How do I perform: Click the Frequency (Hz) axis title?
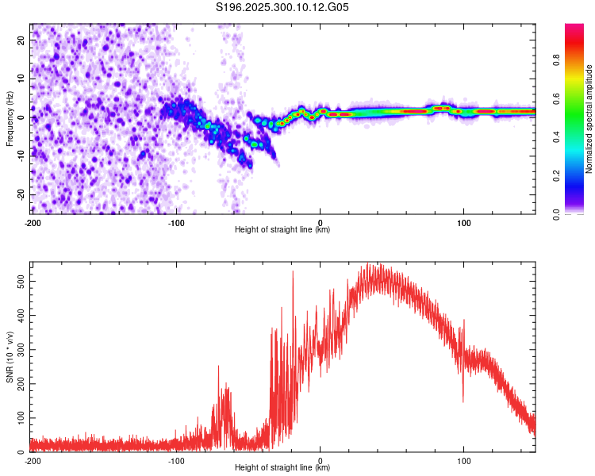coord(10,117)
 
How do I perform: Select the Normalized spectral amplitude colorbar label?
coord(589,119)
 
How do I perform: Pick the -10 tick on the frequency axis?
coord(21,155)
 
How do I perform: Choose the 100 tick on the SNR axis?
coord(19,417)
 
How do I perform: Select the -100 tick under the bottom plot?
coord(176,461)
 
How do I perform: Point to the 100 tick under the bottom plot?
coord(463,461)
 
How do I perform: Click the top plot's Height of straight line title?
coord(282,230)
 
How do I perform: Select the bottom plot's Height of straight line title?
coord(282,468)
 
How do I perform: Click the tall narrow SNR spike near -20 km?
coord(293,273)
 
